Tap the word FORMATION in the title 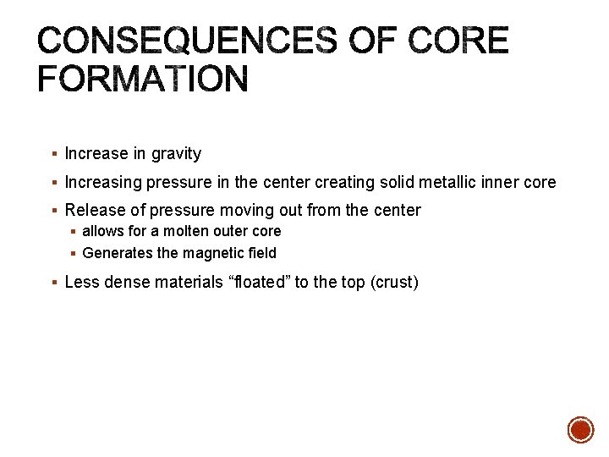click(x=143, y=80)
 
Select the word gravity click(x=177, y=154)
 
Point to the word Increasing click(x=103, y=182)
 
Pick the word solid click(x=401, y=182)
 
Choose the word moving click(x=249, y=210)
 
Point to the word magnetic click(x=201, y=253)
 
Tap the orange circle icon click(x=580, y=430)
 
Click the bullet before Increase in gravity click(x=53, y=154)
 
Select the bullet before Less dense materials click(x=53, y=282)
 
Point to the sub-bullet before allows click(x=73, y=232)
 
